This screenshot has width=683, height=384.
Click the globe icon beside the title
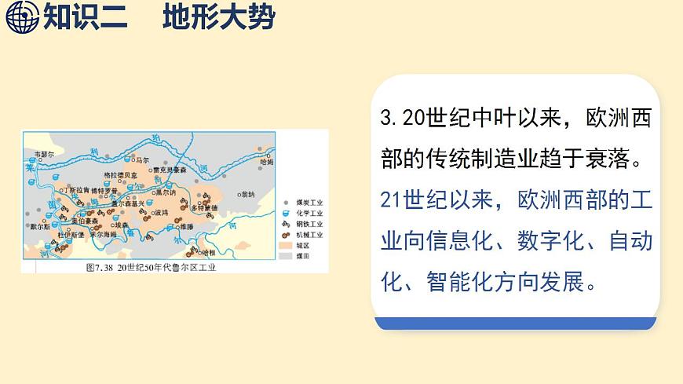[x=22, y=16]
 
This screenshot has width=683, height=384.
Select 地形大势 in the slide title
[x=219, y=16]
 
